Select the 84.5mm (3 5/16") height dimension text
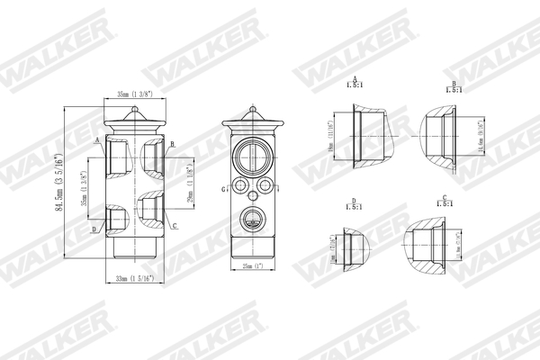[59, 185]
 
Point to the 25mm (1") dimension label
[255, 266]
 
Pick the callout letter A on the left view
[96, 139]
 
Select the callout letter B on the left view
[172, 144]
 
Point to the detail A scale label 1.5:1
[355, 87]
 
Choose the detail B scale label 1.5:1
[454, 89]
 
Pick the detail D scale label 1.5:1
[355, 204]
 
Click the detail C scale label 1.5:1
[445, 203]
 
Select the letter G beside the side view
[222, 189]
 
